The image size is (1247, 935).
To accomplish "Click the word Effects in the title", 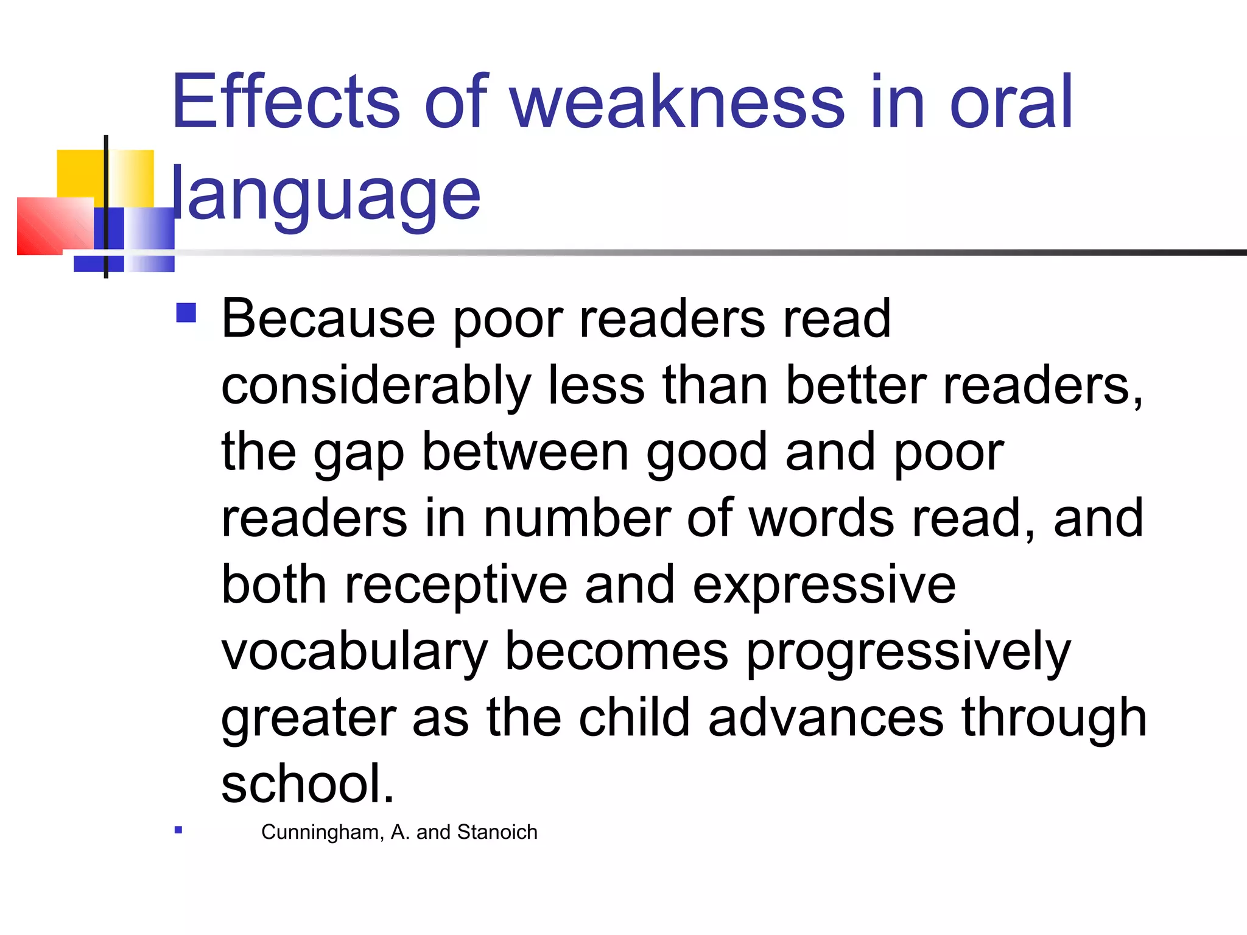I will coord(286,102).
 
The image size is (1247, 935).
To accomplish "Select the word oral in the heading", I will coord(1011,102).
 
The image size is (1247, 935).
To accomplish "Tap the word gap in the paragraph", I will coord(359,453).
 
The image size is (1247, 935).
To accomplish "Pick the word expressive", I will coord(824,586).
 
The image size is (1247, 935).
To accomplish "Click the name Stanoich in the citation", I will coord(497,832).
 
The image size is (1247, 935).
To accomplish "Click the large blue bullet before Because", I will coord(186,313).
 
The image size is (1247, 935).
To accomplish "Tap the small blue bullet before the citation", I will coord(178,830).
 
